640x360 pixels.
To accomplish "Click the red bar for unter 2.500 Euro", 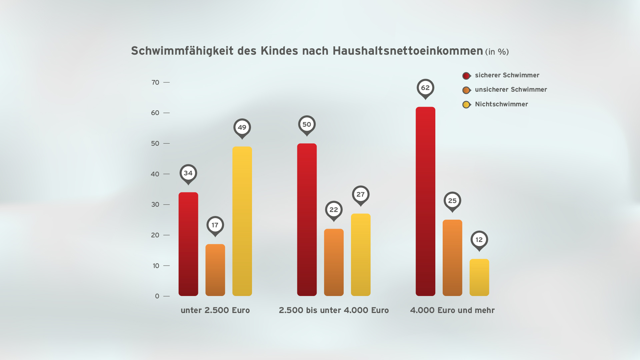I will pos(188,244).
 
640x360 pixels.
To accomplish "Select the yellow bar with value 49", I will pos(242,221).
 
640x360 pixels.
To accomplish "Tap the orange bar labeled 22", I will pos(334,262).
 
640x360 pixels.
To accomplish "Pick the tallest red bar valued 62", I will pos(425,201).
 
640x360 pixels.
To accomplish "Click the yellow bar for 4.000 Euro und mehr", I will pos(479,277).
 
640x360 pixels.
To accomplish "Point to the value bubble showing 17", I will pos(215,225).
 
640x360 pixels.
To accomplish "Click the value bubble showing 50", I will pos(307,124).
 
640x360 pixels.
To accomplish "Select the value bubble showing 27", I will pos(361,194).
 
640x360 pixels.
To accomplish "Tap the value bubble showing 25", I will pos(452,201).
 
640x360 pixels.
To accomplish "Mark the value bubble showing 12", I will pos(479,240).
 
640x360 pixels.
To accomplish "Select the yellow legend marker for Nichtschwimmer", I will pos(466,105).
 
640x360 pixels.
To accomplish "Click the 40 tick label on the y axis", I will pos(155,174).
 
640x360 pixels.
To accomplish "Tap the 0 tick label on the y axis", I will pos(157,296).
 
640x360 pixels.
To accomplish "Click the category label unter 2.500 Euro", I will pos(215,310).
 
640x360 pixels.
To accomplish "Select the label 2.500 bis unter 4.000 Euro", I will pos(334,310).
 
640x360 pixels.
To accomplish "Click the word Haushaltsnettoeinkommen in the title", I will pos(408,51).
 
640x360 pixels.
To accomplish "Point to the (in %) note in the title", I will pos(497,52).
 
